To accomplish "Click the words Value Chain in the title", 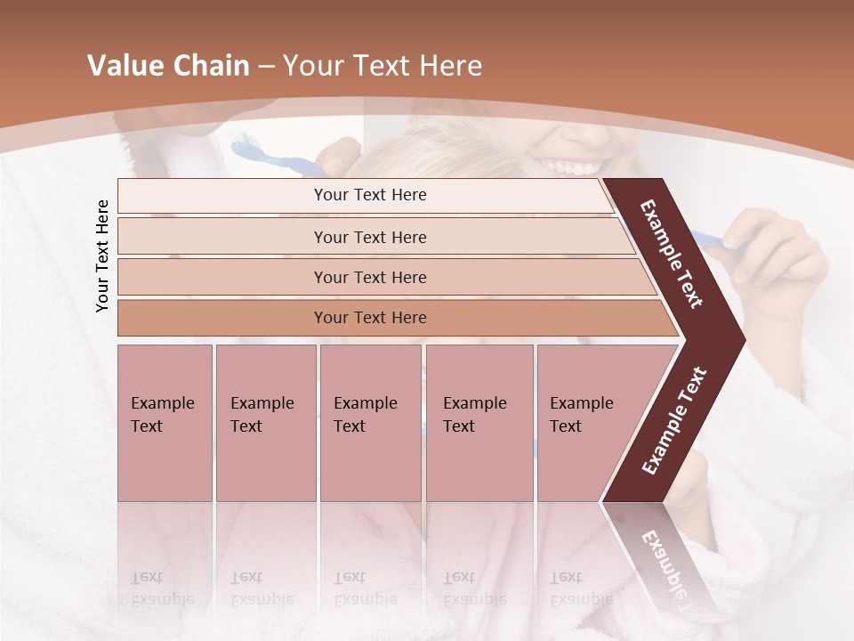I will [x=168, y=66].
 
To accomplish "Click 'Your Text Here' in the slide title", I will [x=383, y=66].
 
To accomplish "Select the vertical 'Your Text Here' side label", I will [x=102, y=256].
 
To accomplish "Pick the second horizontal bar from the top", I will [x=370, y=237].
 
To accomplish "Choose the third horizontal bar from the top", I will [x=370, y=277].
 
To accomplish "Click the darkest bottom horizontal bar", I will [x=370, y=318].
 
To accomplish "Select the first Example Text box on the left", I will [x=165, y=423].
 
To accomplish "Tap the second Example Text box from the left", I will [x=265, y=423].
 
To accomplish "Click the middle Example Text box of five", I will [x=370, y=423].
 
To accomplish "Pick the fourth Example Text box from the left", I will [x=479, y=423].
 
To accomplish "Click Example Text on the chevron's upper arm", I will [x=672, y=254].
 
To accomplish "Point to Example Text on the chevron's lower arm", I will [x=674, y=420].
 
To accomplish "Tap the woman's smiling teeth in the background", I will [x=574, y=166].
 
